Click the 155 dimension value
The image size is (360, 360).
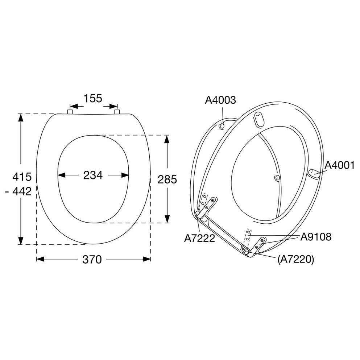tap(93, 99)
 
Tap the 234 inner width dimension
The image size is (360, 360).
tap(93, 175)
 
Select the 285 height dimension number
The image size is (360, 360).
tap(167, 179)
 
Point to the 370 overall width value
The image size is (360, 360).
tap(92, 260)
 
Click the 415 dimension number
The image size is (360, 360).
tap(22, 177)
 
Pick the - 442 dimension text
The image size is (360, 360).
tap(18, 191)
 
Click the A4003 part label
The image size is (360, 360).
tap(220, 100)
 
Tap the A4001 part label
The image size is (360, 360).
tap(340, 165)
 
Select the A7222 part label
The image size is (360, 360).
tap(199, 238)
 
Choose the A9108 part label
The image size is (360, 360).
tap(316, 237)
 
